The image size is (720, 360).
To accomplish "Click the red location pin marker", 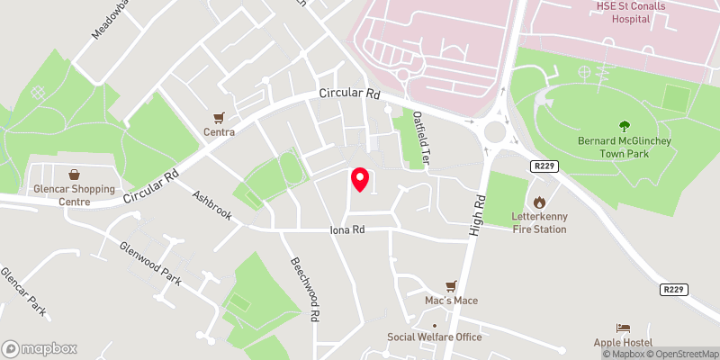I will point(361,179).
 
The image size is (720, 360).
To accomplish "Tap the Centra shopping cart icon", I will point(219,117).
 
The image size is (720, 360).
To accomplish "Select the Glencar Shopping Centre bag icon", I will point(74,174).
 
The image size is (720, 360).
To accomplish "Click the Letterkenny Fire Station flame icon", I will point(540,202).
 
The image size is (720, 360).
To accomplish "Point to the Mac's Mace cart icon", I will point(464,284).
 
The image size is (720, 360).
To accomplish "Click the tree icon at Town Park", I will point(624,126).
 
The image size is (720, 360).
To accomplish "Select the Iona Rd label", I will point(346,230).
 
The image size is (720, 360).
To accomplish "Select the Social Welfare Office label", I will point(435,337).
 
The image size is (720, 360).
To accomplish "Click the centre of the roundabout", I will point(494,133).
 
